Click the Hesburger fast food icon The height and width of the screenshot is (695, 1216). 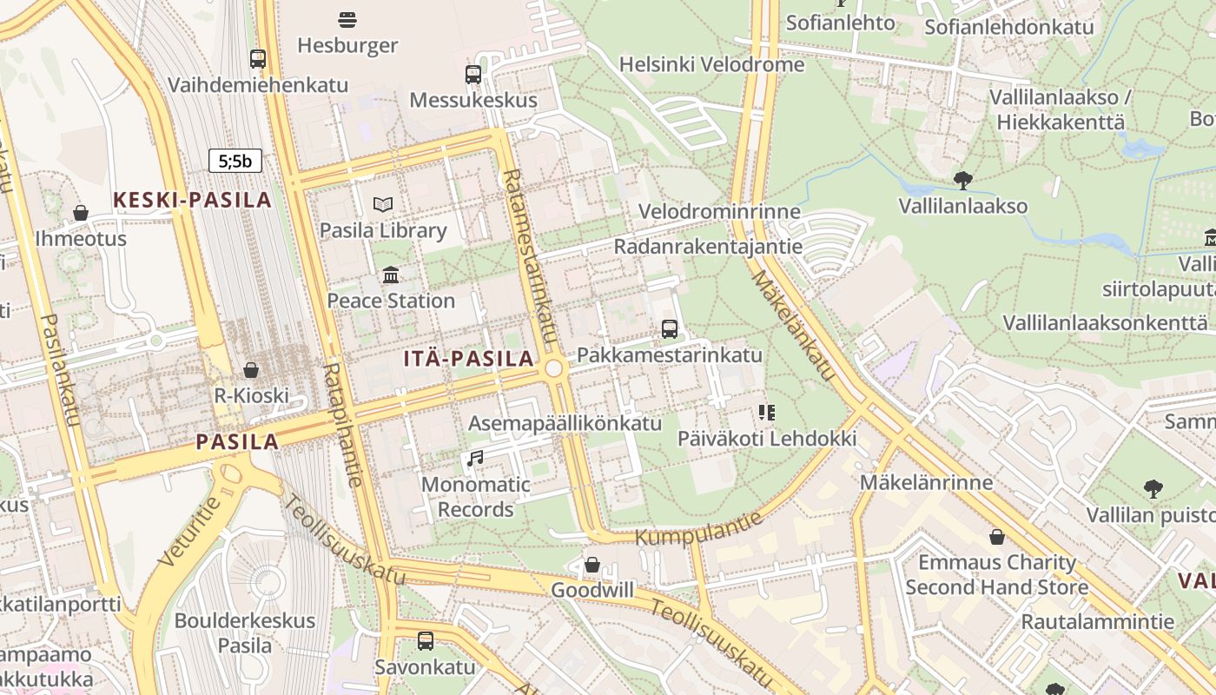click(x=347, y=19)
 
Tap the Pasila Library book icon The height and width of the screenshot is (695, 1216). click(x=383, y=205)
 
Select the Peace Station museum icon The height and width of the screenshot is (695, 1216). click(x=391, y=275)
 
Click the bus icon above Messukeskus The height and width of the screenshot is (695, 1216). click(x=473, y=75)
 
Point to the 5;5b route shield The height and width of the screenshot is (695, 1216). click(x=235, y=161)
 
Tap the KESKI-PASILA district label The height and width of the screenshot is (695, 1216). click(x=193, y=200)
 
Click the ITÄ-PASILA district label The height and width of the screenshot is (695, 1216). click(x=469, y=358)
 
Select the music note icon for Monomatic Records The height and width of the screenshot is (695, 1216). click(x=474, y=458)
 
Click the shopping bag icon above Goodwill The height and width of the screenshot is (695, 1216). click(x=592, y=566)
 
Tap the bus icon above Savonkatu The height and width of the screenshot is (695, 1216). click(x=426, y=641)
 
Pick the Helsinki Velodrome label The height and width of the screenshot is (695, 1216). click(x=711, y=64)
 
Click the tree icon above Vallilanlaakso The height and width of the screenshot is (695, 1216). click(x=962, y=181)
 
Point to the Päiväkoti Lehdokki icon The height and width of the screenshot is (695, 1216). click(x=766, y=413)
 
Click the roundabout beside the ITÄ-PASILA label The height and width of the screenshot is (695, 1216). click(x=554, y=369)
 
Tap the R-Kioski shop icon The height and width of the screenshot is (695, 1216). click(x=251, y=370)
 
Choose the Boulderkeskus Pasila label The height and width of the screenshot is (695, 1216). click(x=245, y=633)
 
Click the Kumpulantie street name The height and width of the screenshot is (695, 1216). click(x=699, y=529)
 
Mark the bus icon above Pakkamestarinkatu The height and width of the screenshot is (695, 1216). click(x=669, y=329)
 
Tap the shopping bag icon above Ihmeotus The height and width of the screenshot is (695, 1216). click(x=81, y=213)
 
